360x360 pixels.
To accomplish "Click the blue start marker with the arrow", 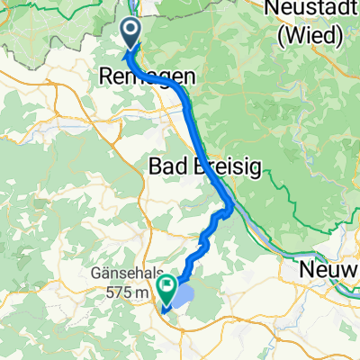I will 130,35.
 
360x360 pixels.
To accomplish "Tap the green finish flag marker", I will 166,286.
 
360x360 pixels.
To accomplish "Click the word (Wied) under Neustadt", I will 310,36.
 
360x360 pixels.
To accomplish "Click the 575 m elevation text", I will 130,293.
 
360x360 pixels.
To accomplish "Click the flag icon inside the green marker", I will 166,285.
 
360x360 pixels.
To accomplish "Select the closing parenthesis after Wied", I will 342,36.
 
